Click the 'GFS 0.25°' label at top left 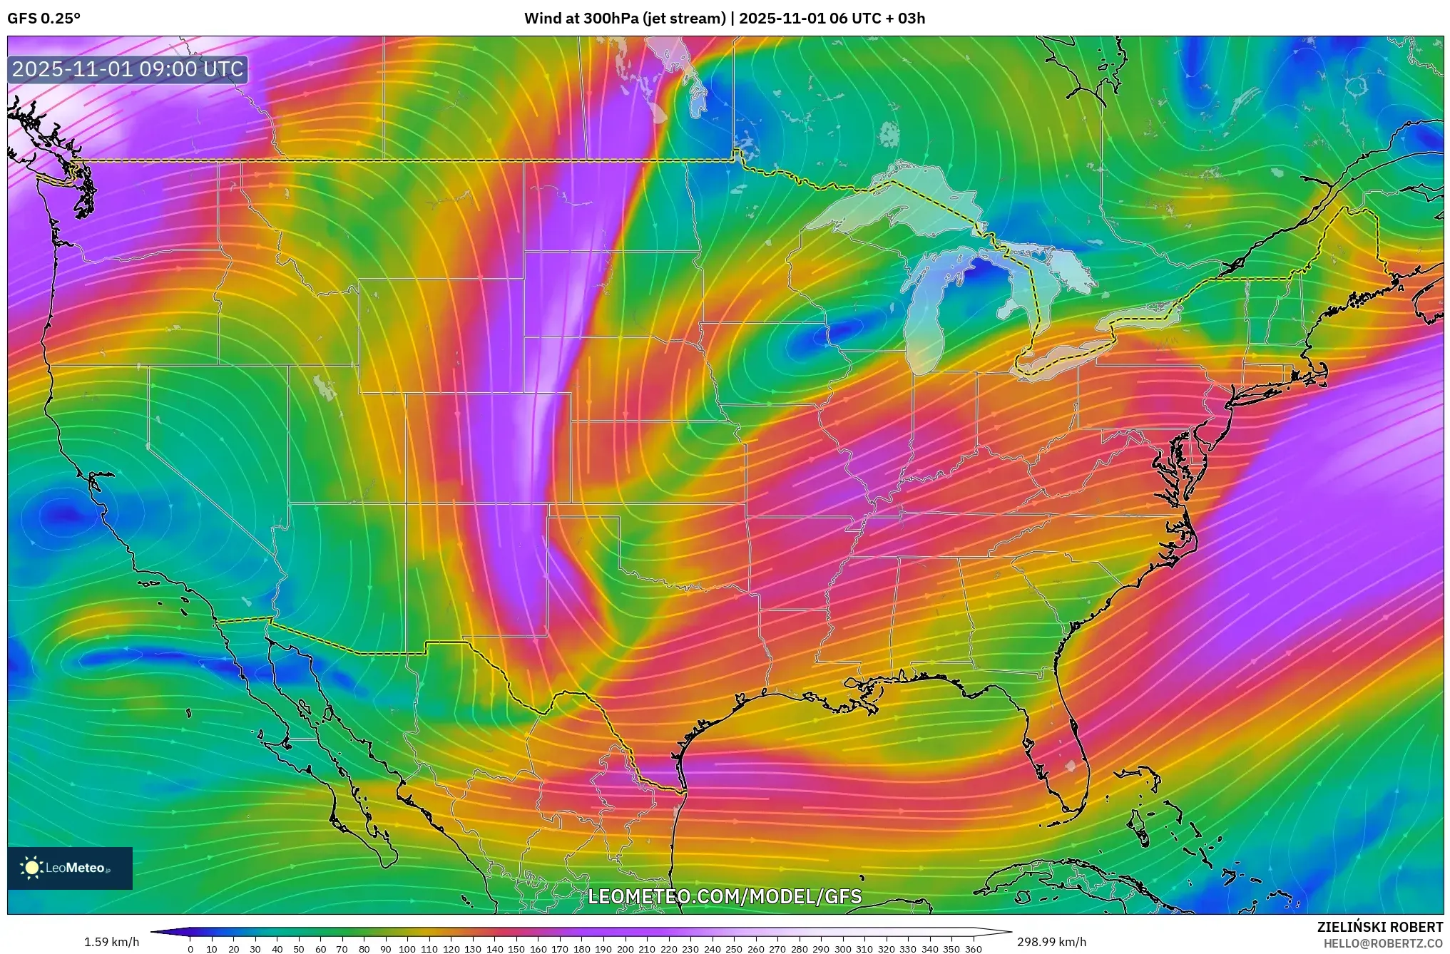click(44, 19)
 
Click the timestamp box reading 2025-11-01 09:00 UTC click(128, 69)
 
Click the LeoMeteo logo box click(70, 868)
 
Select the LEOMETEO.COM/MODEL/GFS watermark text click(725, 896)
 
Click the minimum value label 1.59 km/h click(111, 942)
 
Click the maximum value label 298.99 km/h click(1051, 942)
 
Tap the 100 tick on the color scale click(407, 949)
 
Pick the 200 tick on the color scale click(625, 949)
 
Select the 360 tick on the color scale click(974, 949)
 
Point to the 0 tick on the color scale click(190, 949)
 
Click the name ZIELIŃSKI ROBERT click(1379, 927)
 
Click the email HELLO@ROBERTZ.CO click(1383, 943)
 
